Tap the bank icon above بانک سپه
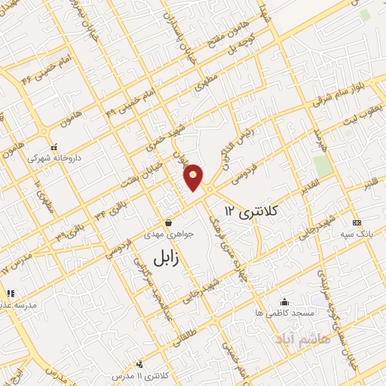point(357,222)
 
